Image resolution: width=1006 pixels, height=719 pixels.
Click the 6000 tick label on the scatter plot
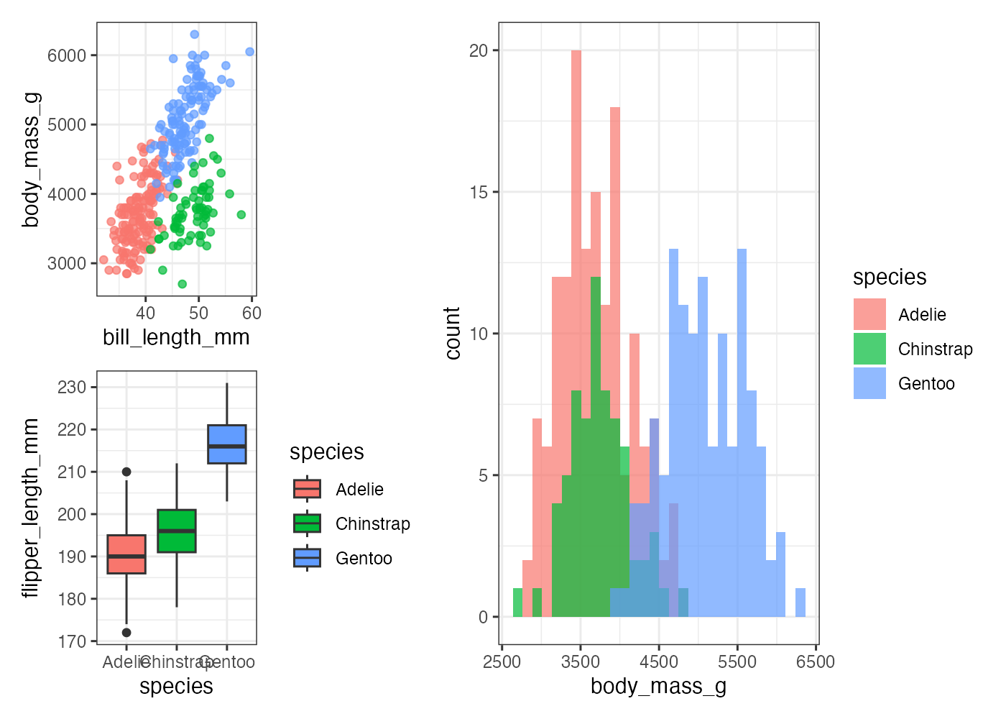(67, 56)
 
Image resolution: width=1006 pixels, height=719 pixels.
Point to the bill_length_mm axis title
(176, 337)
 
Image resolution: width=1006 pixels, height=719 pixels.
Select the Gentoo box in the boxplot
(227, 444)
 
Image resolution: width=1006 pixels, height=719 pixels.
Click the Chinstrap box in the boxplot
(177, 531)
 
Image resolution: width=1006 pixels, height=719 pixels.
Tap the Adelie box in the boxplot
(126, 554)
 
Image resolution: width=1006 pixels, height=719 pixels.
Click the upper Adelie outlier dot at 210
(126, 472)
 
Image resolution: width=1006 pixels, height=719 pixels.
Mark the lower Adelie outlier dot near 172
(126, 633)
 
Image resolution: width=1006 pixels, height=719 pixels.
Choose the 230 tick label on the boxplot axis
(72, 388)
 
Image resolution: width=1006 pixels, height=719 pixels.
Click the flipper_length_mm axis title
(30, 508)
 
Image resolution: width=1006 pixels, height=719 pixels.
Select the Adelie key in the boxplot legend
(307, 489)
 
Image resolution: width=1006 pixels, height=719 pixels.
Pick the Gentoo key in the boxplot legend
(307, 558)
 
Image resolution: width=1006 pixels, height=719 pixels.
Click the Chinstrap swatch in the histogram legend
(869, 349)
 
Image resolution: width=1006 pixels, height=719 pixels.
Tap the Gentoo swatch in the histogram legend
(869, 384)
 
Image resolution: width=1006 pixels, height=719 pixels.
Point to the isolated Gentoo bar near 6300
(800, 603)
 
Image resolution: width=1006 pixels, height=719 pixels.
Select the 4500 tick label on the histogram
(659, 662)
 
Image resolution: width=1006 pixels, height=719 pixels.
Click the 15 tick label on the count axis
(479, 193)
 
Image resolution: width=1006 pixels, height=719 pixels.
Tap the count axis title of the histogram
(453, 333)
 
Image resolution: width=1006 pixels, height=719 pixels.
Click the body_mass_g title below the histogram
(658, 687)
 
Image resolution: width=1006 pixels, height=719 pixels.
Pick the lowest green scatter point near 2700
(183, 284)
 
